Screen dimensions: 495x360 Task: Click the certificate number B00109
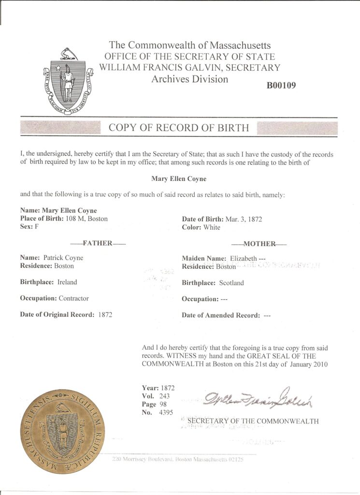281,86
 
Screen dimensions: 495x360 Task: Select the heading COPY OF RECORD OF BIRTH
179,128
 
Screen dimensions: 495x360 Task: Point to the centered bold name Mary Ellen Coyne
179,179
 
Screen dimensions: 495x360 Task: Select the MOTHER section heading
259,244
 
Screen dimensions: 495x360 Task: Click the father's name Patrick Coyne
63,258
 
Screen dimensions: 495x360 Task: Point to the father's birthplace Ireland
67,282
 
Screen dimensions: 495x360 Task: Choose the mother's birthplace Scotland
231,283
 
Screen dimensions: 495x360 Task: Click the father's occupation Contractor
73,298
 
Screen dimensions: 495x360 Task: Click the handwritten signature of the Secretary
258,398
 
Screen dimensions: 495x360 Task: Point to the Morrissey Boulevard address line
177,459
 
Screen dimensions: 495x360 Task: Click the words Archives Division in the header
189,79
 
